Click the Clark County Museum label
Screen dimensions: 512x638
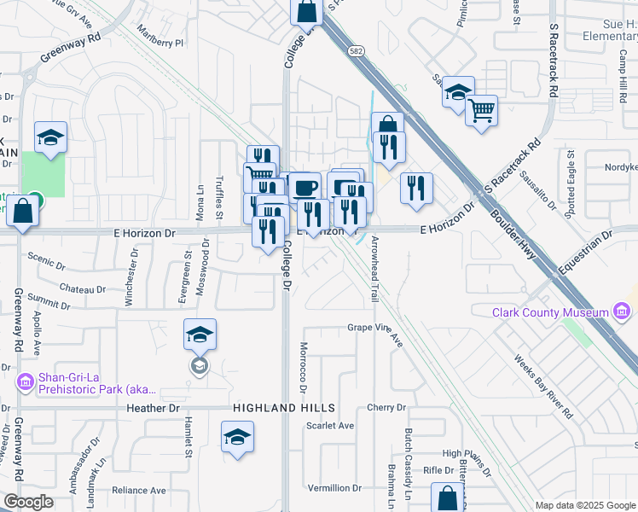(x=550, y=312)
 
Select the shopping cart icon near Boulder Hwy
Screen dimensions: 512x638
(x=481, y=110)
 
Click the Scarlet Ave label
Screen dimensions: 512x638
(x=330, y=426)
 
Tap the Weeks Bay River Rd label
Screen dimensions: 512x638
(x=544, y=387)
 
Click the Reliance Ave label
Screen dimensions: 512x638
(x=139, y=491)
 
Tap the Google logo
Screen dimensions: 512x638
(x=28, y=502)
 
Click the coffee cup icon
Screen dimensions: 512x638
(x=304, y=186)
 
